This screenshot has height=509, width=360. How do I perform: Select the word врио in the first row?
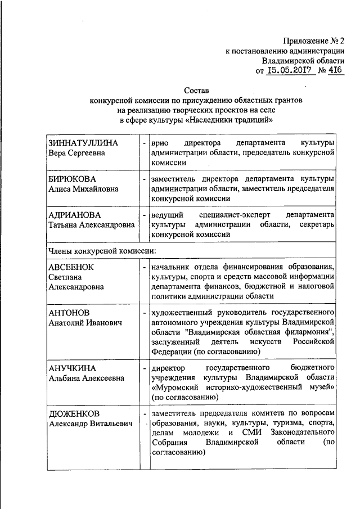pyautogui.click(x=160, y=142)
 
